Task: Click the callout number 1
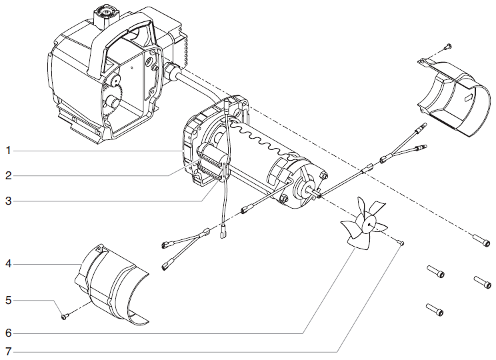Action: [x=9, y=151]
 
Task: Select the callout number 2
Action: [x=9, y=176]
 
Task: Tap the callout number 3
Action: [x=9, y=201]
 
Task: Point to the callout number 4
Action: [x=9, y=264]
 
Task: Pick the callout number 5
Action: [x=9, y=300]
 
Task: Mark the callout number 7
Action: [x=9, y=351]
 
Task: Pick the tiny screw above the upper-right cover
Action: [x=447, y=46]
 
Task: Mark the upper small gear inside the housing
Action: [x=114, y=82]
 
